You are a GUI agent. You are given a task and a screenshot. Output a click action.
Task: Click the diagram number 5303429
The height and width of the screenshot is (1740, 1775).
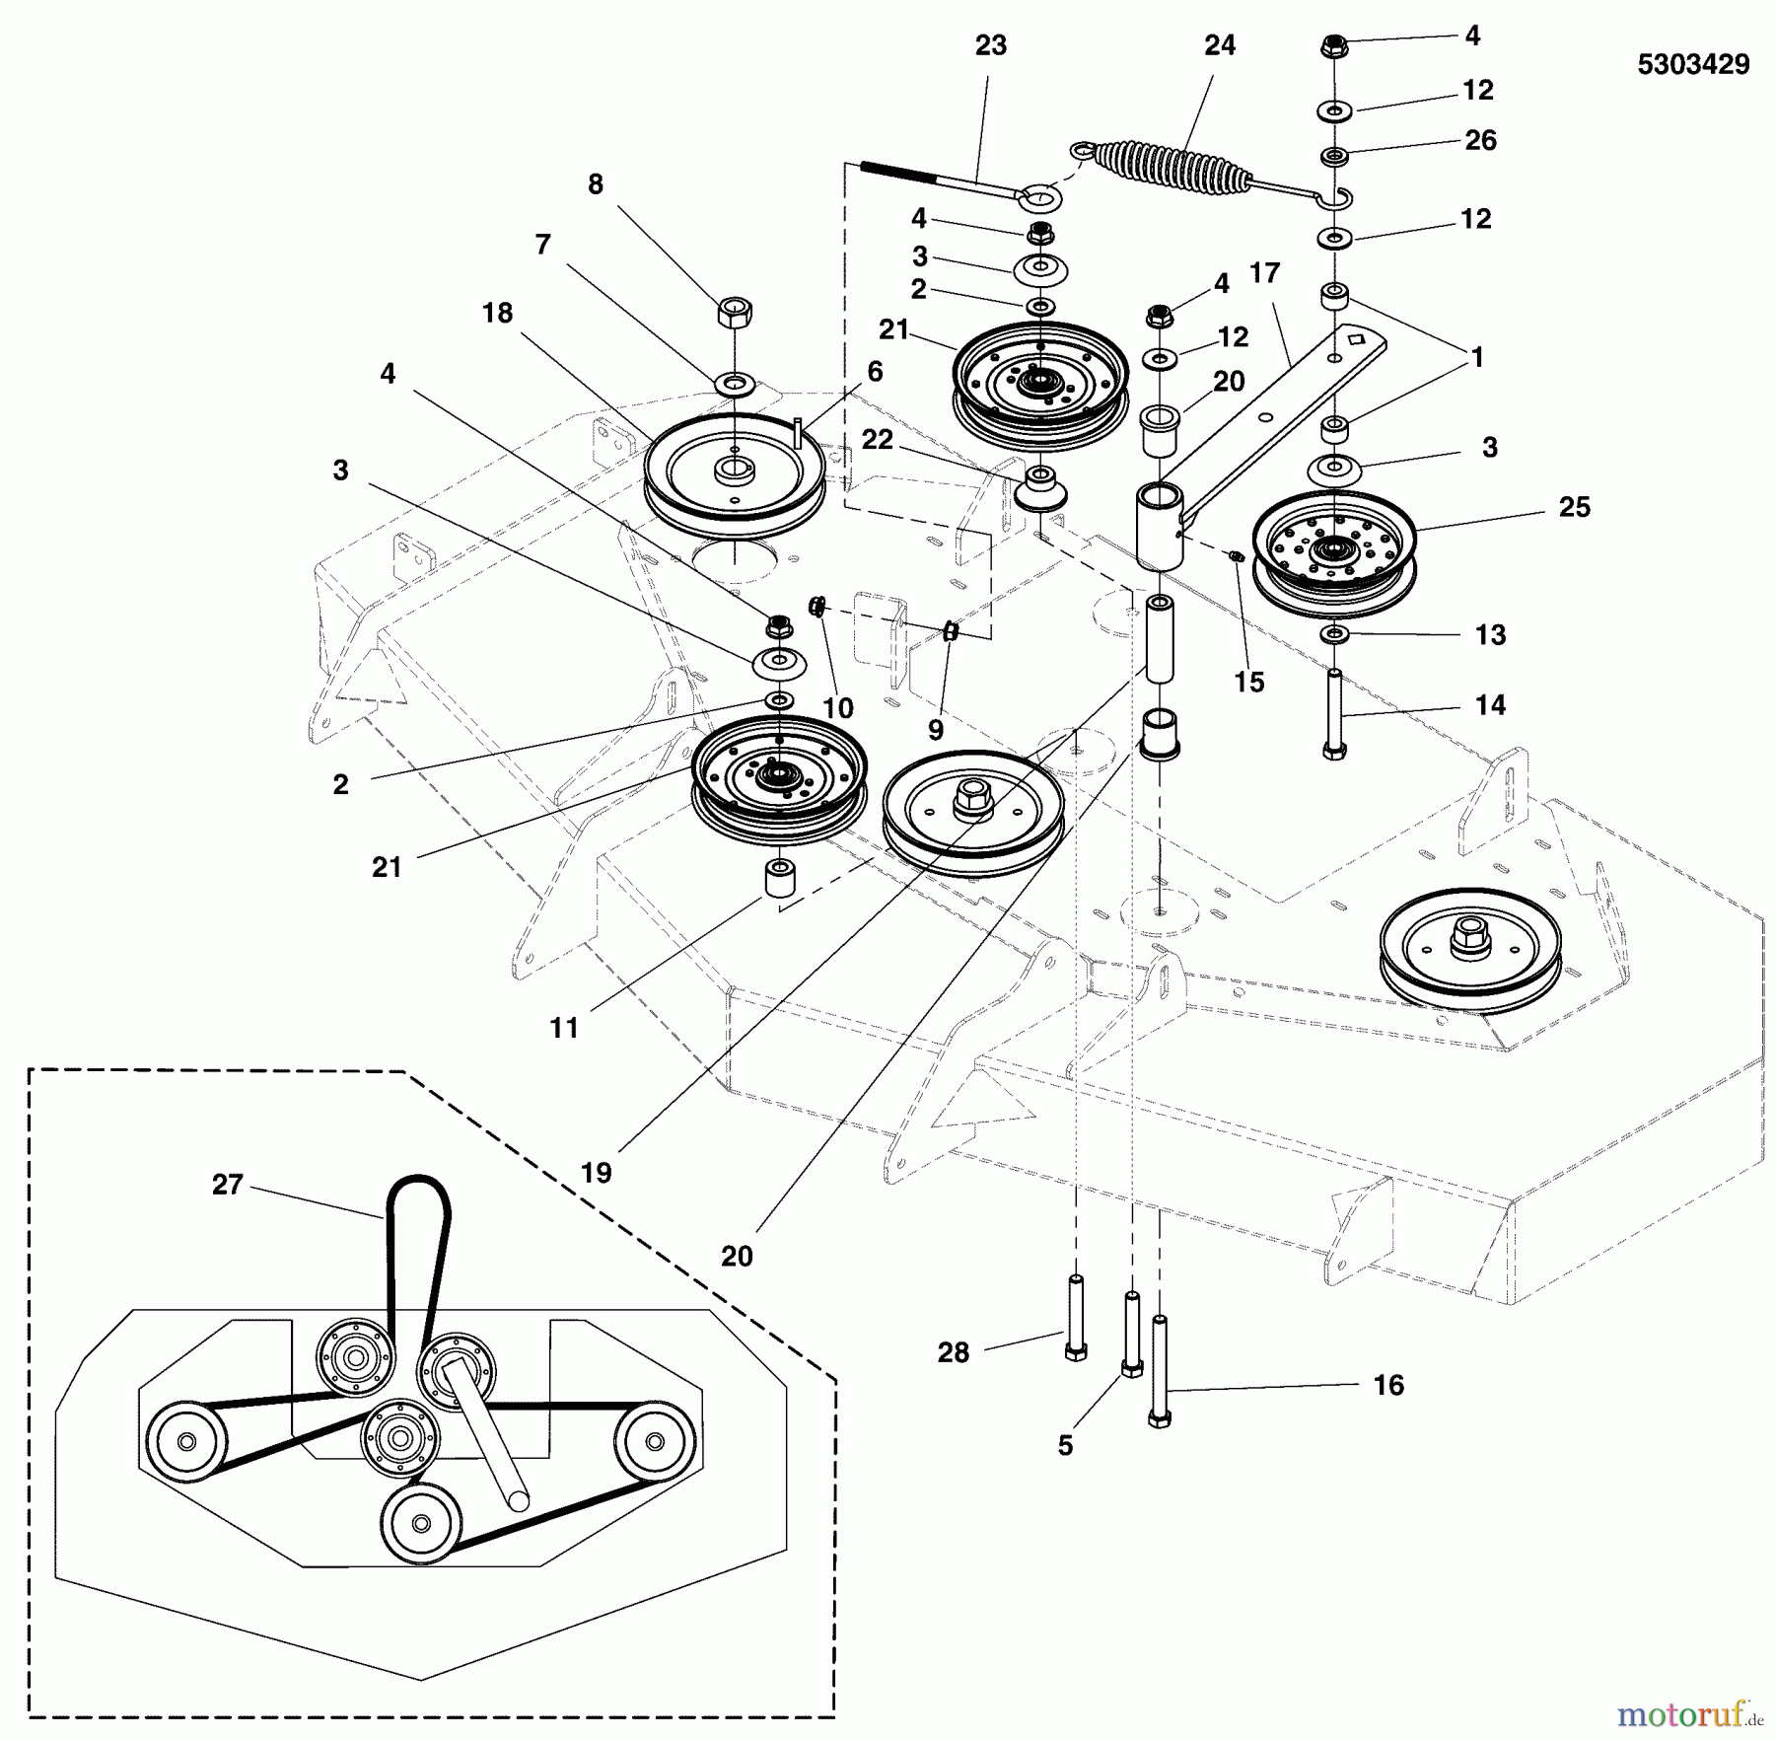coord(1692,65)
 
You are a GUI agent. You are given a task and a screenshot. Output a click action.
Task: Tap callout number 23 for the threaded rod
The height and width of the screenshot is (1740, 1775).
coord(990,45)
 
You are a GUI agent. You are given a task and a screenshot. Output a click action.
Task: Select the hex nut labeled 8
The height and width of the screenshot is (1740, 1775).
coord(735,313)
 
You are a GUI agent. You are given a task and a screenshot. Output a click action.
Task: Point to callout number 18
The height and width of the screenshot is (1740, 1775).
coord(497,313)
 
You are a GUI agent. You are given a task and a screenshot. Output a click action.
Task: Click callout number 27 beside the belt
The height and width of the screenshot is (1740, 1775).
coord(227,1184)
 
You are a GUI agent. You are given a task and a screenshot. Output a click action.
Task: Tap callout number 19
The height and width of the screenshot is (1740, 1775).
coord(596,1173)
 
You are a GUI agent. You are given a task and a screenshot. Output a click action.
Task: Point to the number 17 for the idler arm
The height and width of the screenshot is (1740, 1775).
coord(1264,272)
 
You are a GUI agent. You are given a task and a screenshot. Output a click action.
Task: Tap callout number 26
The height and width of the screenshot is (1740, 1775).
coord(1480,140)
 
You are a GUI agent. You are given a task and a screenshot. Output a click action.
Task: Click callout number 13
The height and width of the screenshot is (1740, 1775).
coord(1490,634)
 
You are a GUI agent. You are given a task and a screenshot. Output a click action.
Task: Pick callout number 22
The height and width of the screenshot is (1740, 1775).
coord(877,439)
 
